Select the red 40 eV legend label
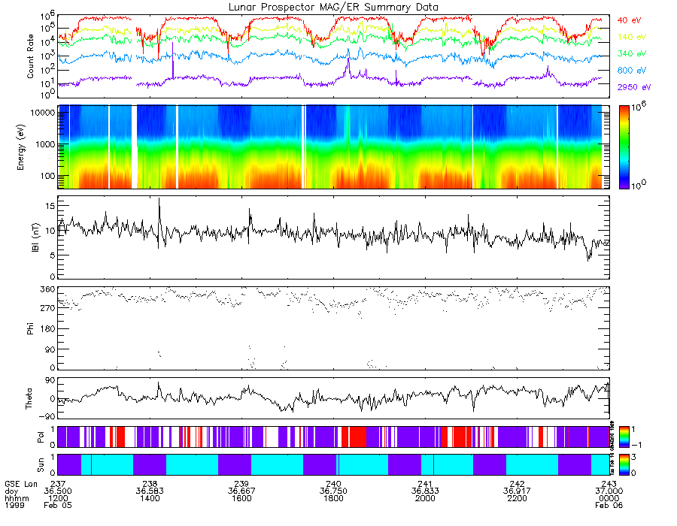(x=629, y=20)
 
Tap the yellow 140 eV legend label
(x=630, y=37)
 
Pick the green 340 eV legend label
(x=630, y=54)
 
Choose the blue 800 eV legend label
(x=630, y=71)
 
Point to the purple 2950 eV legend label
(x=633, y=87)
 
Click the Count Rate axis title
(x=30, y=56)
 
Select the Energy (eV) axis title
(x=30, y=147)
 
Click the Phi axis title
(x=30, y=327)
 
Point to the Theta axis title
(x=30, y=398)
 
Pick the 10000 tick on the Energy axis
(x=42, y=111)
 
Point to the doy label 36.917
(x=518, y=491)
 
